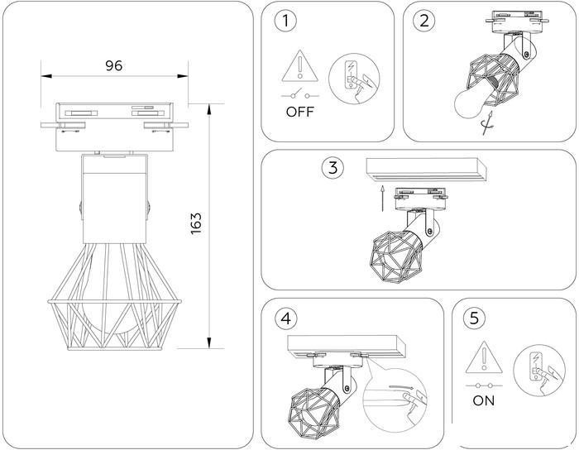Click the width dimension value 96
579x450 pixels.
point(114,65)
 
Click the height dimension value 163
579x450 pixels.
point(196,223)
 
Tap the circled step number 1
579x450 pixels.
point(286,21)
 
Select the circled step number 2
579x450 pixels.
point(424,21)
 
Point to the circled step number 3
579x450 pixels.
point(333,168)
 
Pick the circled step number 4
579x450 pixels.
point(286,318)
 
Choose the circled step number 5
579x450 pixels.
point(474,318)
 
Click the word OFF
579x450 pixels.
point(299,112)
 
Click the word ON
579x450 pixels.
point(483,400)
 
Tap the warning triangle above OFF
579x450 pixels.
point(299,66)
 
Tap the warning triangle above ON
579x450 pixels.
point(484,357)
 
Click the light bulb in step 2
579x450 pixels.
point(470,103)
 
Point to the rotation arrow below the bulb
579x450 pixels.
point(487,123)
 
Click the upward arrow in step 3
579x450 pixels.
point(382,199)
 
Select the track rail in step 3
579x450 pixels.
point(426,170)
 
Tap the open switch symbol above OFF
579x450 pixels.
point(299,94)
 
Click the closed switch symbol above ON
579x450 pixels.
point(484,385)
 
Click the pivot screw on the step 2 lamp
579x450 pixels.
point(525,55)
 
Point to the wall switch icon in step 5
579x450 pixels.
point(539,371)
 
